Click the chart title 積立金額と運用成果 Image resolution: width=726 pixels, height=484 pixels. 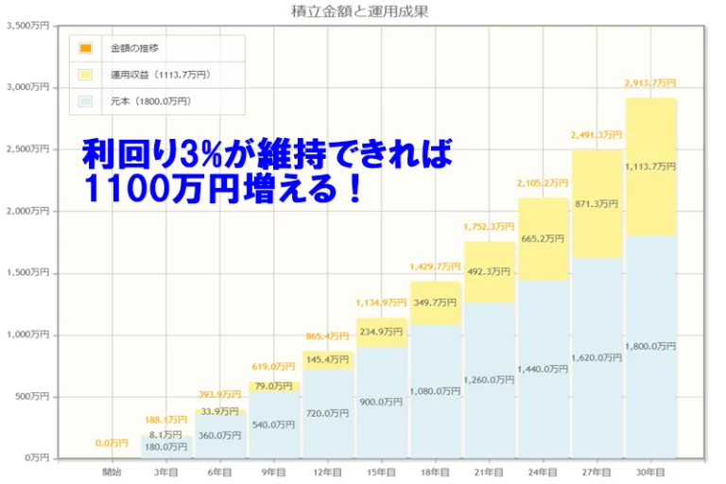pyautogui.click(x=363, y=13)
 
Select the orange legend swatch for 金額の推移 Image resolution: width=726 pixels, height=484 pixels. pyautogui.click(x=86, y=48)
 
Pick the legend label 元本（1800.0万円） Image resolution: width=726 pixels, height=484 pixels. pyautogui.click(x=151, y=100)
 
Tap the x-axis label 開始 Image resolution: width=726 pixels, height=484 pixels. pyautogui.click(x=112, y=470)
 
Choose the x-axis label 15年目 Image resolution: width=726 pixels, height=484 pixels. pyautogui.click(x=382, y=470)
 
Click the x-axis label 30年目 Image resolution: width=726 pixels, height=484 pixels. pyautogui.click(x=650, y=470)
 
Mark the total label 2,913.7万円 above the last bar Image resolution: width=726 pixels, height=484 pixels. pyautogui.click(x=650, y=83)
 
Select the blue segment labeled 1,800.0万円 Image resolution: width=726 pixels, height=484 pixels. pyautogui.click(x=650, y=346)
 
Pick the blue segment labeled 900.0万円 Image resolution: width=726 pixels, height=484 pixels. pyautogui.click(x=382, y=402)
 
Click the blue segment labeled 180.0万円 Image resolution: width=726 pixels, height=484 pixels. pyautogui.click(x=166, y=447)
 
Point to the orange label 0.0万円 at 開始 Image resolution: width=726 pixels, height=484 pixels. pyautogui.click(x=112, y=442)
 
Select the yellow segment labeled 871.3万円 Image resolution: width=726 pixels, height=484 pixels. pyautogui.click(x=596, y=201)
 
